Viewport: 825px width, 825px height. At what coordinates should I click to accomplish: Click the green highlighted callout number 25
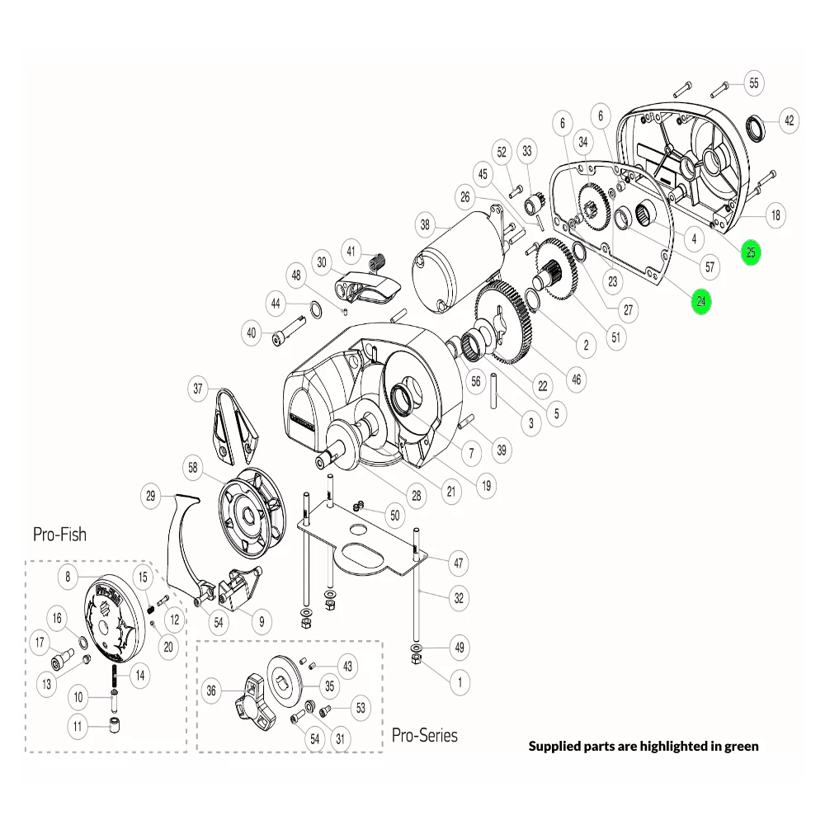(750, 252)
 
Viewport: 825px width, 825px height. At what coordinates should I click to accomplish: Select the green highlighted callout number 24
(700, 301)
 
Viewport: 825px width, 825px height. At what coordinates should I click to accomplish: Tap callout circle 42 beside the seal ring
(789, 120)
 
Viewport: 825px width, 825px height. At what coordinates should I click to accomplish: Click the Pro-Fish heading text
(59, 534)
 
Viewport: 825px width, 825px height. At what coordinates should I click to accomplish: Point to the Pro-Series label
(424, 734)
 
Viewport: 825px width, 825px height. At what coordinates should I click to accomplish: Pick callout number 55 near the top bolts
(753, 82)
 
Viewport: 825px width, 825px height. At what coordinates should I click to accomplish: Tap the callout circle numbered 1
(459, 681)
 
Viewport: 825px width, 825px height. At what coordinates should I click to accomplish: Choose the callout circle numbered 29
(150, 496)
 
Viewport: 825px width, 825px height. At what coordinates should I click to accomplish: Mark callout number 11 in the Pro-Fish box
(78, 727)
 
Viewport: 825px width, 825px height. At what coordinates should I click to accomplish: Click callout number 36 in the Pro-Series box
(211, 691)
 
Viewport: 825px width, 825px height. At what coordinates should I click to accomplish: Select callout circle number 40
(252, 333)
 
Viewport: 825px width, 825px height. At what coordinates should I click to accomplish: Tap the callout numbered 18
(775, 216)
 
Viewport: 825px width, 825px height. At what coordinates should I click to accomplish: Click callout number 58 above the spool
(194, 468)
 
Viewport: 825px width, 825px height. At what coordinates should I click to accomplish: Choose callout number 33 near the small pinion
(527, 152)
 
